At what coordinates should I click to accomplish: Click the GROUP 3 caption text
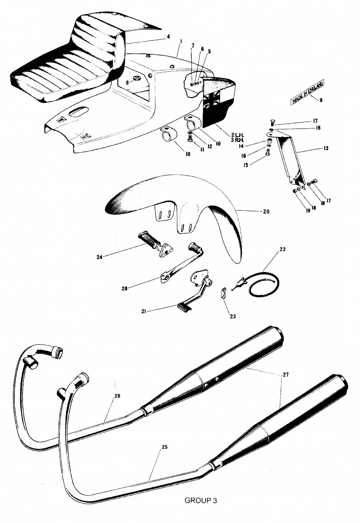coord(200,501)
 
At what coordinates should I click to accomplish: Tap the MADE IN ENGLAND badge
coord(307,92)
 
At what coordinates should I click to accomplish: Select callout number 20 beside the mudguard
coord(266,212)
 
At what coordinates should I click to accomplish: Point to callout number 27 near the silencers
coord(285,375)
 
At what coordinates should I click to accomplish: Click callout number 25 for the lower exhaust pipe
coord(164,447)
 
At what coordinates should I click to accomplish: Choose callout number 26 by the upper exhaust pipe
coord(117,396)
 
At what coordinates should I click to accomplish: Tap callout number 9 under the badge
coord(321,100)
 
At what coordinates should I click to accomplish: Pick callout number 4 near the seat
coord(168,37)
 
